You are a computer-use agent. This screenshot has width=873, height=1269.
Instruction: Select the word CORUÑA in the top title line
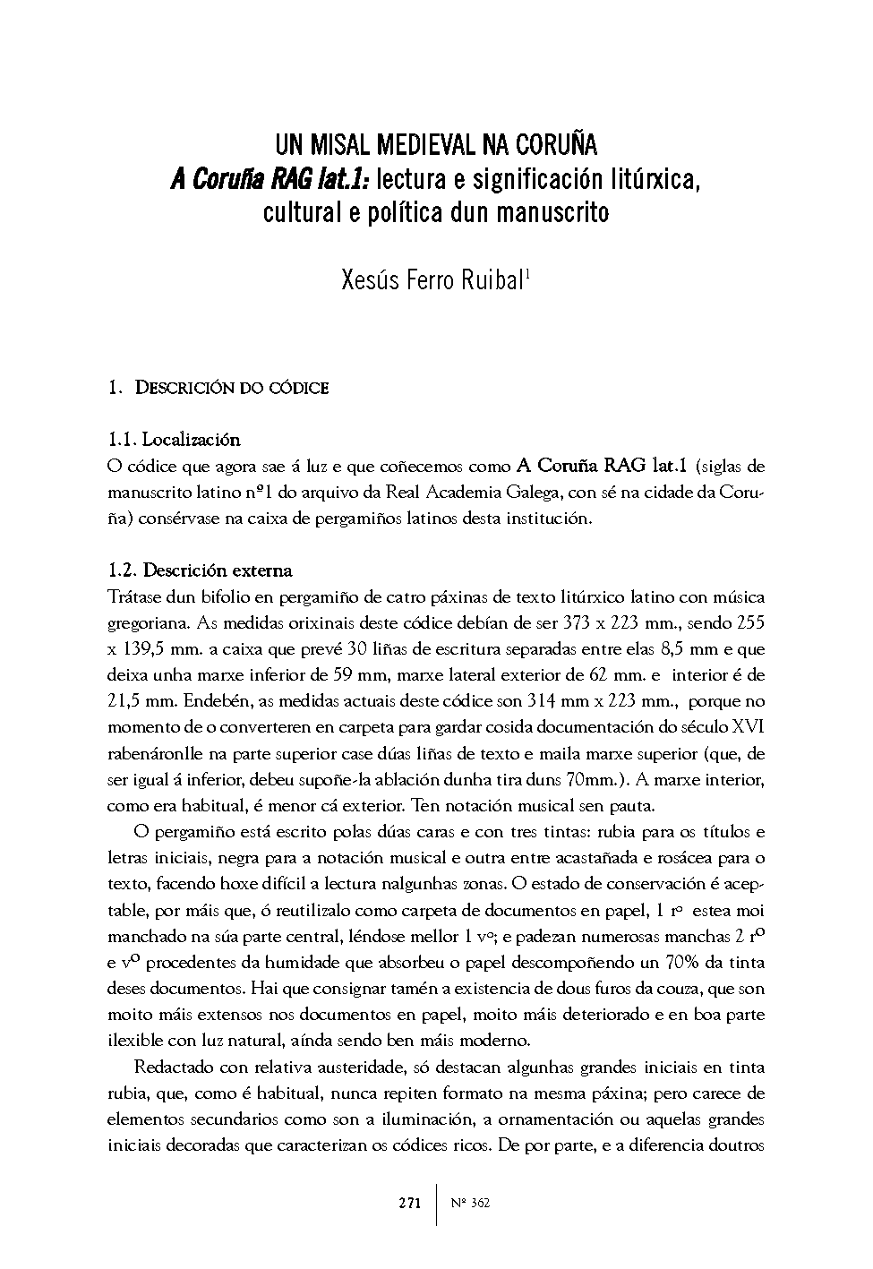[555, 145]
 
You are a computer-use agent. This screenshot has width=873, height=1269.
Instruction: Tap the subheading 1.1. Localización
[174, 440]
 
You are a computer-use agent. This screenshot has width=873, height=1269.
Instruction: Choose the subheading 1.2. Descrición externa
[199, 570]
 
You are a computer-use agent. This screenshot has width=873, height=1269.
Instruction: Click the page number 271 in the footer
[409, 1203]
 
